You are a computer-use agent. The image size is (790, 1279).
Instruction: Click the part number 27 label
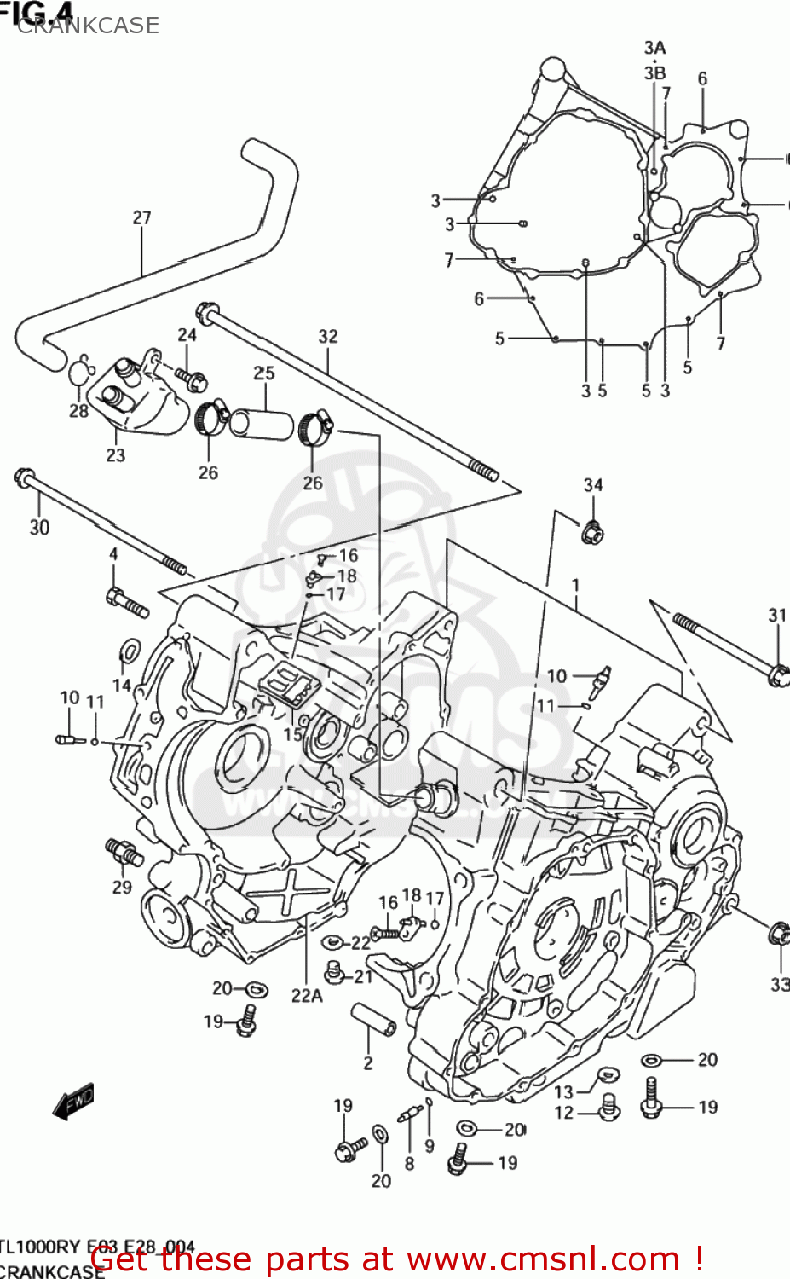(x=141, y=218)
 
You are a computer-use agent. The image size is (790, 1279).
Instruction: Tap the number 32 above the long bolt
(x=328, y=337)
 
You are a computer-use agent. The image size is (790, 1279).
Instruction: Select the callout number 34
(x=593, y=485)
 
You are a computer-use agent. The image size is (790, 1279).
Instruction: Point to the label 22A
(x=307, y=995)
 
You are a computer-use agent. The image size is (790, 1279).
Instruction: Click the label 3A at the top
(x=654, y=49)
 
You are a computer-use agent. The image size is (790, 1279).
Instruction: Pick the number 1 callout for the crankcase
(x=576, y=586)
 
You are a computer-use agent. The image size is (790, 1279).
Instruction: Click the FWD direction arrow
(x=73, y=1102)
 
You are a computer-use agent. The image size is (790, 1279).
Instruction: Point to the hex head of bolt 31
(x=777, y=674)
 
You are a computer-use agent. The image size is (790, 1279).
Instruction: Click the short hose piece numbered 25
(x=263, y=423)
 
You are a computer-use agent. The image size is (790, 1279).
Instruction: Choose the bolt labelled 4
(x=127, y=603)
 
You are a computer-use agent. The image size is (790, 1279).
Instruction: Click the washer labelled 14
(x=129, y=653)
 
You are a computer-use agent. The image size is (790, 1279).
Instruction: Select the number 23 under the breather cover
(x=116, y=455)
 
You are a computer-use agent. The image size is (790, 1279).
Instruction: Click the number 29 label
(x=122, y=887)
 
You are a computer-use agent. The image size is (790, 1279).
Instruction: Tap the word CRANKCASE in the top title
(x=88, y=26)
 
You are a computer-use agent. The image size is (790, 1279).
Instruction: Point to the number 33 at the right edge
(x=780, y=984)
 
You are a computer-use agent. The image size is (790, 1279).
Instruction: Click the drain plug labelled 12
(x=609, y=1107)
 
